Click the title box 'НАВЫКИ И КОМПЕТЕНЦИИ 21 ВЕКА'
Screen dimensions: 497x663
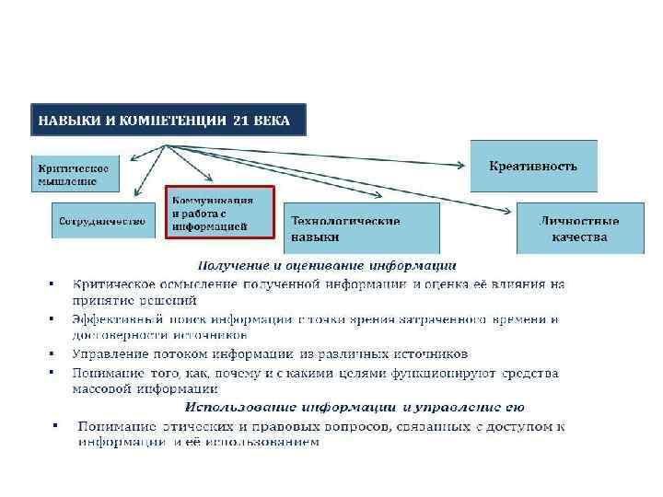pos(167,121)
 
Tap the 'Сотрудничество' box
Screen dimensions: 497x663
pos(102,221)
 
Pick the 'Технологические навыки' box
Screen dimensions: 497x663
pos(361,228)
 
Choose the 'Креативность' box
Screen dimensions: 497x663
pos(533,166)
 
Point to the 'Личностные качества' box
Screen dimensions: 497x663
pos(579,228)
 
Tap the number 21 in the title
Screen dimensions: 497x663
pos(240,121)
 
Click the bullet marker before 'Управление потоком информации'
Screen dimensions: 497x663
pos(52,353)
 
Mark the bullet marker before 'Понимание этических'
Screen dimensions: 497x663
pos(54,425)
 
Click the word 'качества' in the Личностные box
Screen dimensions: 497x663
pos(579,237)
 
